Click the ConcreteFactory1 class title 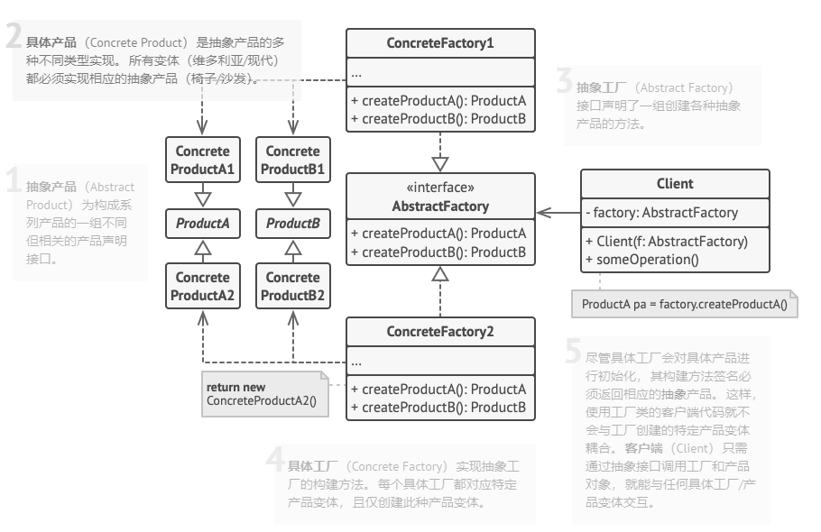(x=440, y=42)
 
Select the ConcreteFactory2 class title (x=440, y=331)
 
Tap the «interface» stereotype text (x=440, y=188)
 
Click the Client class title (x=675, y=184)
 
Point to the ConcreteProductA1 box (x=203, y=160)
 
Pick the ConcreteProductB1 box (x=293, y=160)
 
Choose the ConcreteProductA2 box (x=203, y=286)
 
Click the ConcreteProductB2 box (x=293, y=286)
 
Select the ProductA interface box (x=203, y=223)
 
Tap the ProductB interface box (x=293, y=223)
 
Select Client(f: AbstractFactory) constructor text (x=666, y=242)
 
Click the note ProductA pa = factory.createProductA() (x=685, y=304)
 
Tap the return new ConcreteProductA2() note (x=262, y=393)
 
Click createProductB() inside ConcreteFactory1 (x=438, y=118)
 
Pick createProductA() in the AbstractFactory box (x=438, y=234)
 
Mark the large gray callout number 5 (x=573, y=351)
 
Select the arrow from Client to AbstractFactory (x=558, y=214)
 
